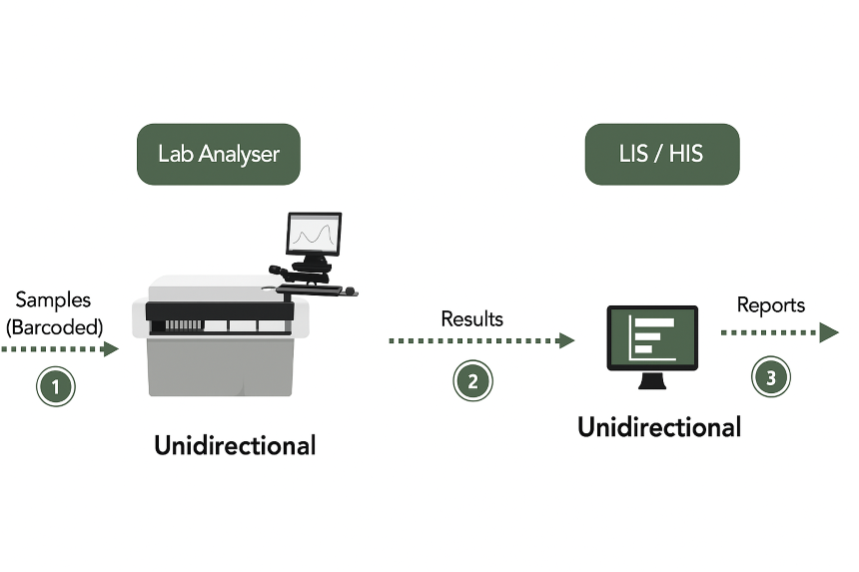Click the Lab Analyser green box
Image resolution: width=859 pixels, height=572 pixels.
point(218,154)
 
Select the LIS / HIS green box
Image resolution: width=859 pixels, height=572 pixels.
point(661,154)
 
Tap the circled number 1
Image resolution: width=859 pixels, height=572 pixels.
point(56,386)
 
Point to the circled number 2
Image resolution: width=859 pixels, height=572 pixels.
point(472,380)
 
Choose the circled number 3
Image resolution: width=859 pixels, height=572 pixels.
point(770,376)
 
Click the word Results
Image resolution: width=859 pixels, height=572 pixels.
point(471,319)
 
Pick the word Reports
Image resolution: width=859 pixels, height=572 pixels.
point(770,305)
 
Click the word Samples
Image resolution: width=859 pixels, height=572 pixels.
point(53,299)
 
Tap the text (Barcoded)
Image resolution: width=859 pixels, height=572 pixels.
point(55,325)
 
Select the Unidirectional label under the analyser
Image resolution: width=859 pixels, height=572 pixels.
point(235,445)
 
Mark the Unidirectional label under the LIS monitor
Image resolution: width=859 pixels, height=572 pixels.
point(659,428)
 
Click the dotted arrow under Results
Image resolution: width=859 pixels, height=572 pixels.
point(479,341)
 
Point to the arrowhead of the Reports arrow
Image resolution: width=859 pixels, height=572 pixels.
point(829,332)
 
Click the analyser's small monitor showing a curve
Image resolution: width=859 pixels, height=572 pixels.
point(314,235)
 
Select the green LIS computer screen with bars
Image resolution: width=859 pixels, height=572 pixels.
point(652,336)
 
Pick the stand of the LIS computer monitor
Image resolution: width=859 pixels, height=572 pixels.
point(652,380)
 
